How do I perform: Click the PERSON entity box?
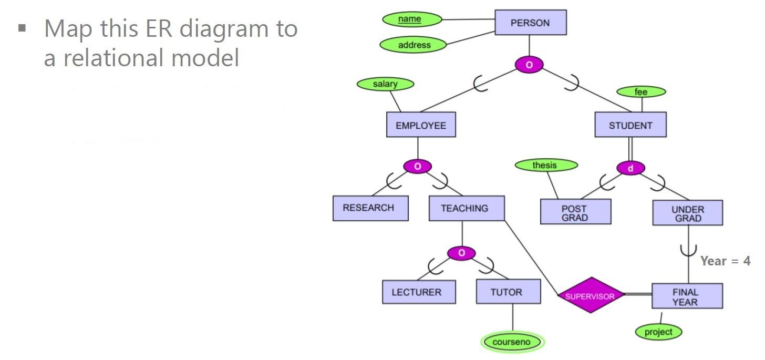[530, 23]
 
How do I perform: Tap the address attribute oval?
[413, 45]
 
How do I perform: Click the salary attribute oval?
[385, 84]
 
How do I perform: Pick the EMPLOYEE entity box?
[420, 126]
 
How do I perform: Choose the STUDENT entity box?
[630, 126]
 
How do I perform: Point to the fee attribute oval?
[640, 92]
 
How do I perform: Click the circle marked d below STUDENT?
[630, 169]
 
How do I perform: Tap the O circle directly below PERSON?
[529, 65]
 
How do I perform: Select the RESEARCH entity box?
[370, 208]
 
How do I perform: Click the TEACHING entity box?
[466, 208]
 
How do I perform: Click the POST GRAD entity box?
[575, 212]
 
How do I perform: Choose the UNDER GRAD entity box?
[687, 213]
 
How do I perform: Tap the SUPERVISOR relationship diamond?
[590, 296]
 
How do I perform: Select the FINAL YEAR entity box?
[686, 297]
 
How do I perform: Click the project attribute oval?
[658, 332]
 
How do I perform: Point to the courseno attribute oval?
[512, 343]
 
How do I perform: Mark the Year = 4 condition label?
[725, 261]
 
